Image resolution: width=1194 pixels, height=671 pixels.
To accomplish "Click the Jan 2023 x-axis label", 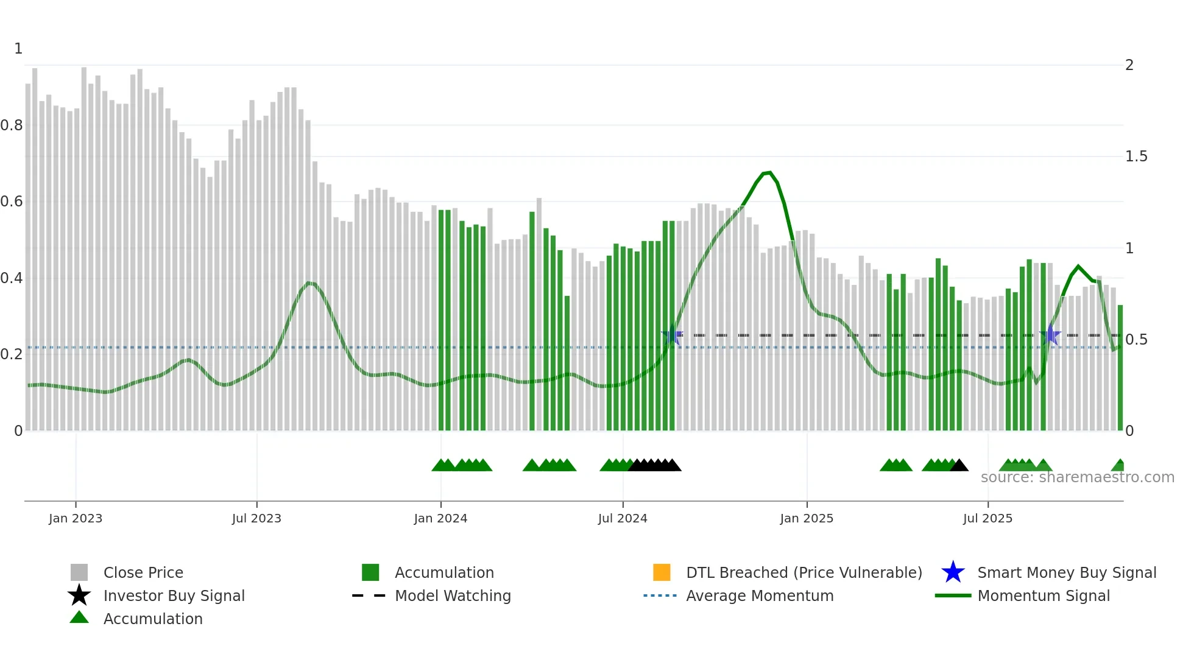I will pos(76,518).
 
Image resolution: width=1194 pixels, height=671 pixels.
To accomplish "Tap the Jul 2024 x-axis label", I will pos(623,518).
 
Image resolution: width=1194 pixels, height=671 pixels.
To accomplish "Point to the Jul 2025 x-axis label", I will pos(987,518).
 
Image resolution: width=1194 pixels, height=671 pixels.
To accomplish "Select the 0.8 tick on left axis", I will pos(12,125).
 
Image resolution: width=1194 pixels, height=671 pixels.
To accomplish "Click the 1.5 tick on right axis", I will pos(1136,156).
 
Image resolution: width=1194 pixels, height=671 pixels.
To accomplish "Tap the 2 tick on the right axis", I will pos(1129,65).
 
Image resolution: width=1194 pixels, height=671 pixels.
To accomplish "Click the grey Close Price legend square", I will pos(79,572).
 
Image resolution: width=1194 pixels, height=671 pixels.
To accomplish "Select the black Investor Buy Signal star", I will pos(79,595).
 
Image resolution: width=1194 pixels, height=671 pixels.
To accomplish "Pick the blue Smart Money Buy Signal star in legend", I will pos(953,572).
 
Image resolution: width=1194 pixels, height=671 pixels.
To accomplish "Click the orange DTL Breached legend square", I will pos(662,572).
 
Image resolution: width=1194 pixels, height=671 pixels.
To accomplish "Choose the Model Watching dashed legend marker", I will pos(369,595).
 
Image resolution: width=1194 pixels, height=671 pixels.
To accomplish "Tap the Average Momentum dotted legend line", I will pos(660,595).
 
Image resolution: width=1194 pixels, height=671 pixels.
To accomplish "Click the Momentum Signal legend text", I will pos(1044,595).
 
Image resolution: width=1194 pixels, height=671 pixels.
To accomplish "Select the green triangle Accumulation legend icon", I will pos(79,618).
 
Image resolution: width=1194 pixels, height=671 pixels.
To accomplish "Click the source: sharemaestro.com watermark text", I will pos(1077,477).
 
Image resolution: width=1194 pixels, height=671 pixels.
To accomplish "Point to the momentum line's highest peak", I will pos(769,173).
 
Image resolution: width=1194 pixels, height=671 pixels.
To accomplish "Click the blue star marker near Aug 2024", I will pos(672,335).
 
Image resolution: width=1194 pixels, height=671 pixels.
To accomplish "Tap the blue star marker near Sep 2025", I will pos(1050,335).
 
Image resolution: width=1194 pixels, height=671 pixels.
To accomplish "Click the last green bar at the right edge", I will pos(1120,368).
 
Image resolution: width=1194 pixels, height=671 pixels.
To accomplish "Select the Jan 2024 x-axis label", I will pos(440,518).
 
